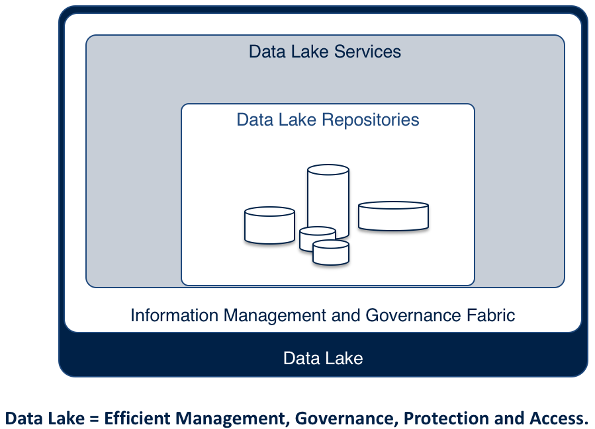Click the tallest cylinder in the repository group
point(328,198)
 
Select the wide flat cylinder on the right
point(393,216)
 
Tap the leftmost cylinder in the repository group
point(269,226)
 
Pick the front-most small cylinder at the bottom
point(330,253)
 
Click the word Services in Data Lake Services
point(368,52)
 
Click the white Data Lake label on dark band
point(323,358)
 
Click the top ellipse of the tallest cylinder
point(328,170)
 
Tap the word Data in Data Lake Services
point(266,52)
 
